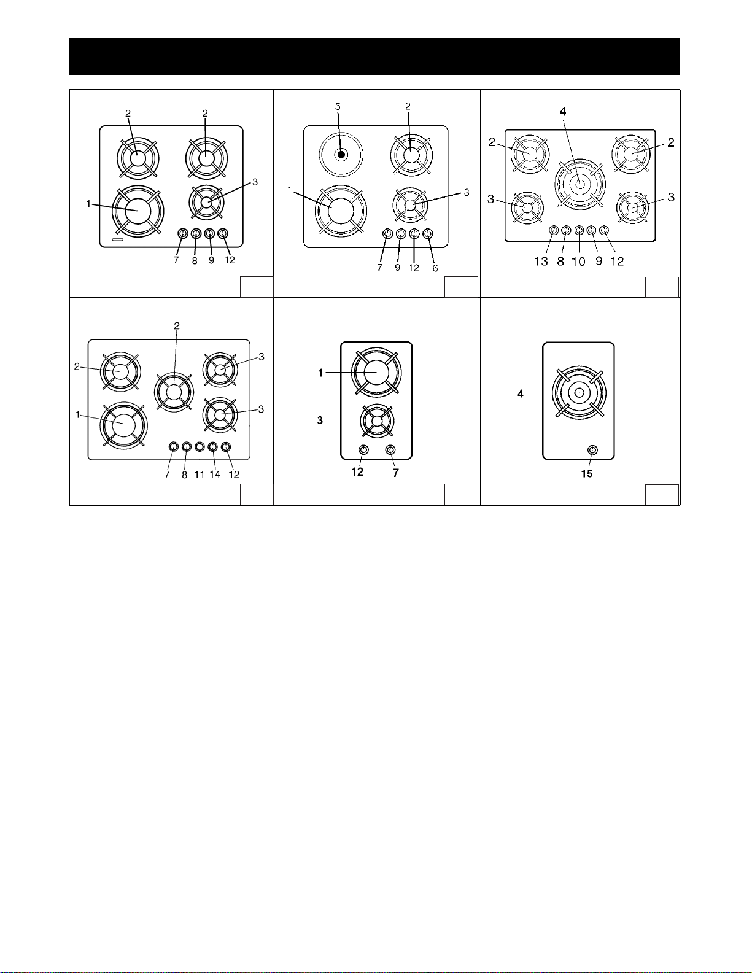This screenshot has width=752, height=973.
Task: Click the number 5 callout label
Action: coord(338,107)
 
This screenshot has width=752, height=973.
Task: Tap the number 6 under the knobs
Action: coord(435,268)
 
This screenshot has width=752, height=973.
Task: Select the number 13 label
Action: coord(541,262)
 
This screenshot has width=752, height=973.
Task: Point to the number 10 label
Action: coord(578,262)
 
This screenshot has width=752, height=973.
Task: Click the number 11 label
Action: coord(199,475)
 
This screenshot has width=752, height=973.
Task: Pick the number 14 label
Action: coord(215,475)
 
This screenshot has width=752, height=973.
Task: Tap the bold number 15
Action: coord(587,474)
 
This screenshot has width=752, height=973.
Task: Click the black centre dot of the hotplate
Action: coord(341,155)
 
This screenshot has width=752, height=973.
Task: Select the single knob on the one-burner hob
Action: coord(592,450)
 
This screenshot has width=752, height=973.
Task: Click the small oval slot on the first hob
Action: coord(118,241)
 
